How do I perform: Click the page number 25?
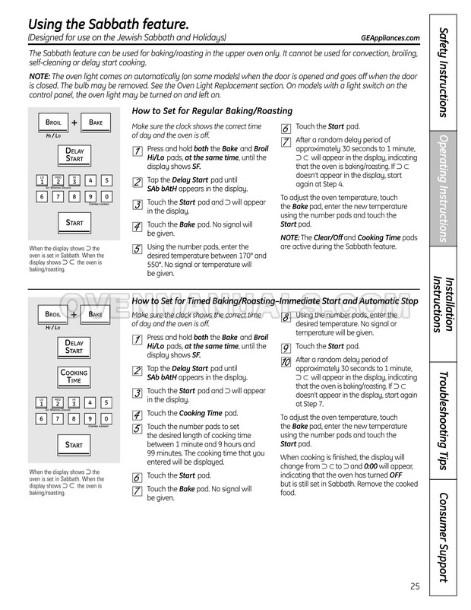click(x=414, y=586)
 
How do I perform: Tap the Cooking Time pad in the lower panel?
click(x=74, y=376)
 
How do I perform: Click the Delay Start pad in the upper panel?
click(x=74, y=155)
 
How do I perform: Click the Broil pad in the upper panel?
click(x=54, y=122)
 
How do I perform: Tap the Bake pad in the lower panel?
click(x=95, y=313)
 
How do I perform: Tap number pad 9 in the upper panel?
click(x=91, y=197)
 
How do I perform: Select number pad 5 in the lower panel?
click(x=108, y=402)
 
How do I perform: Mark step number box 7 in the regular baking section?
click(x=286, y=142)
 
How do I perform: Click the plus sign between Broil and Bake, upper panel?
click(x=74, y=122)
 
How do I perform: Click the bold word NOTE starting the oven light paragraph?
click(x=40, y=77)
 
